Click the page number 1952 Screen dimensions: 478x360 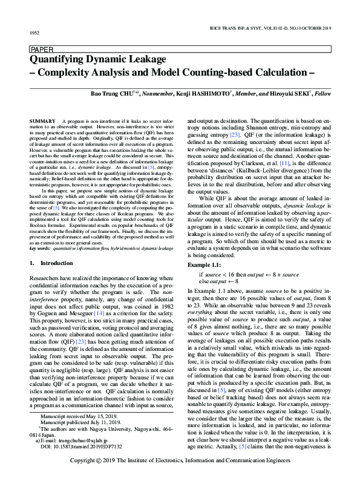(34, 33)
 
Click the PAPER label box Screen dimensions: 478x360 (41, 50)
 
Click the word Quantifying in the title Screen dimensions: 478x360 (56, 60)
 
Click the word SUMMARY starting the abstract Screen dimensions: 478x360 (41, 122)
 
